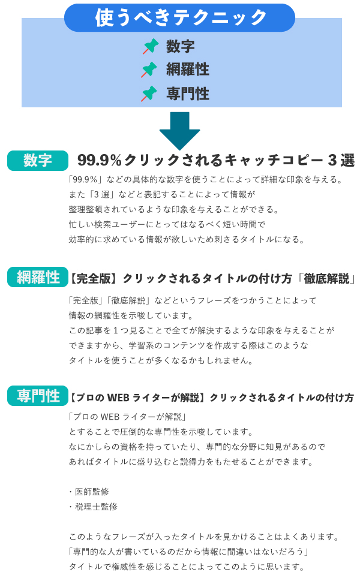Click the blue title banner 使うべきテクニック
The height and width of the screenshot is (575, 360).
[179, 17]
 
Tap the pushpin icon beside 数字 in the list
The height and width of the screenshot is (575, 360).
[150, 47]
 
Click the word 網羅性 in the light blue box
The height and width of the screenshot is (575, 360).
[187, 70]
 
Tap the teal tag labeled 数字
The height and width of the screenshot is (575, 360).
[38, 161]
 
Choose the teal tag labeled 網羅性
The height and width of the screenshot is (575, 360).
[38, 277]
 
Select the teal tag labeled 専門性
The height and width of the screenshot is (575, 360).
[38, 396]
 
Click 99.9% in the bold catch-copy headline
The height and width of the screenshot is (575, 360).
[100, 161]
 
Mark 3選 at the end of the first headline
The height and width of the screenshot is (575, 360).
[341, 161]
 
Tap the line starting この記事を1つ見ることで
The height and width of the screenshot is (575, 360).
[201, 330]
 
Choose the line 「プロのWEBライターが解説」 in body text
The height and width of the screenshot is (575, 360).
[129, 417]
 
